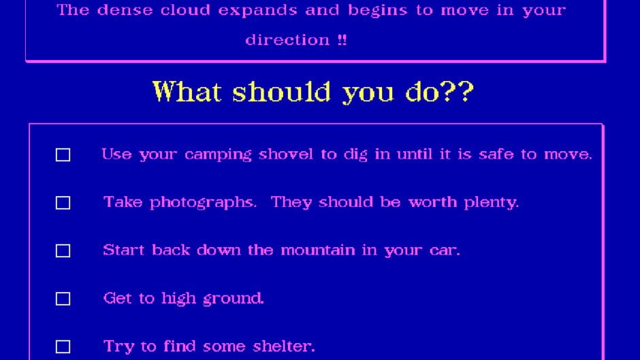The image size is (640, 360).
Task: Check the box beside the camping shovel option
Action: click(x=63, y=155)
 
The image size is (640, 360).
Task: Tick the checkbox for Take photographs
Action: click(x=63, y=203)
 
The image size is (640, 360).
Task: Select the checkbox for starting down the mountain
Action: click(x=63, y=251)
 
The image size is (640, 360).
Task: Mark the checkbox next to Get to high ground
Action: click(x=63, y=299)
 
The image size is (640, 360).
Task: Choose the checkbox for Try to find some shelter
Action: click(x=63, y=347)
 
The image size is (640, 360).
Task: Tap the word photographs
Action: click(x=204, y=203)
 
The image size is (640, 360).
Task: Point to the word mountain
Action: click(x=318, y=250)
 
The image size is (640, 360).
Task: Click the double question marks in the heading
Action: click(x=455, y=91)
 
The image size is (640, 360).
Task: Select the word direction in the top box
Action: click(x=287, y=39)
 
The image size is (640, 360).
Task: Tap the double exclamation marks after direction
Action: click(x=342, y=39)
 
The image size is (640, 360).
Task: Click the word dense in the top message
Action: click(x=124, y=11)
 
